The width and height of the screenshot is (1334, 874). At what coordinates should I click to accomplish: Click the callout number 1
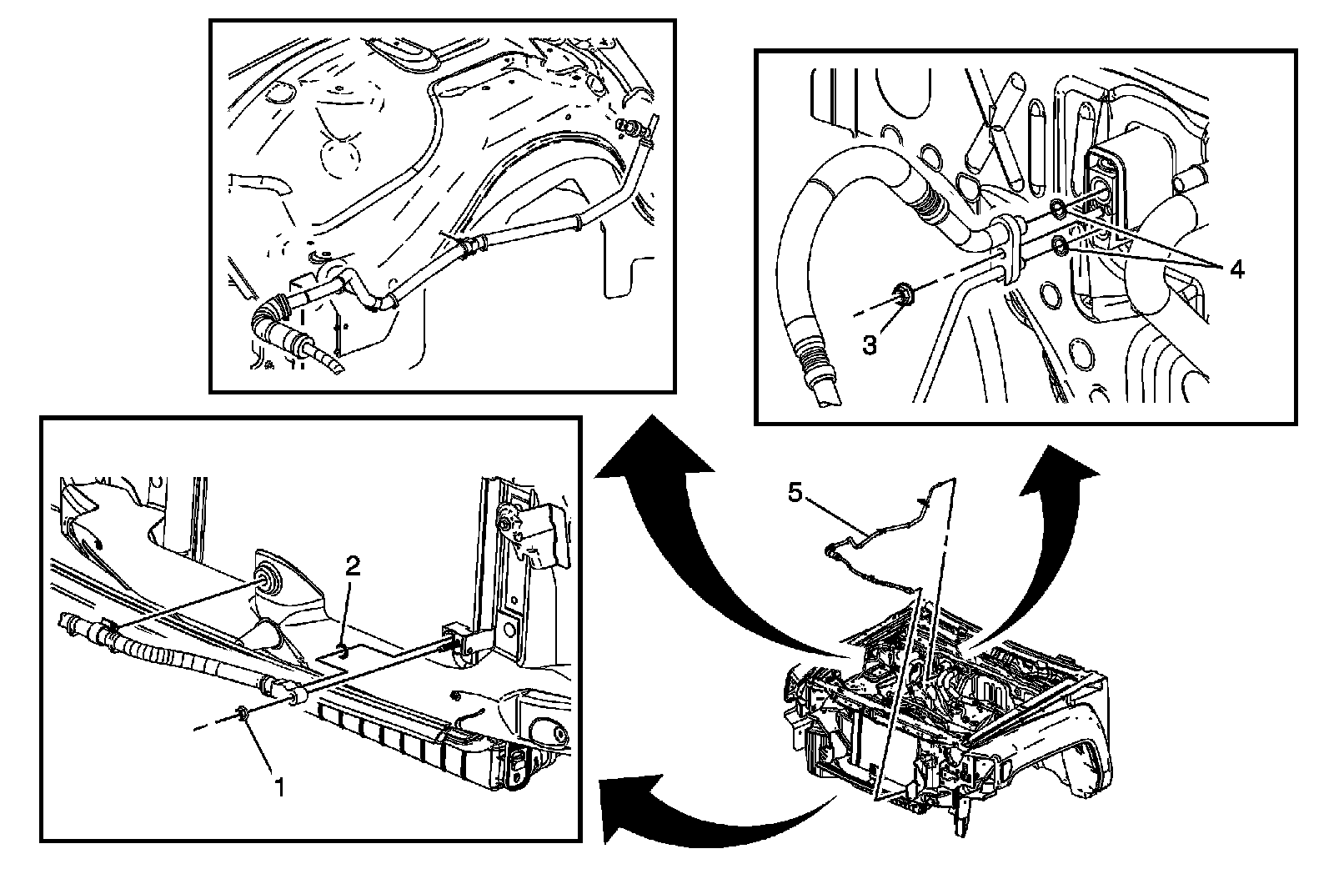[280, 786]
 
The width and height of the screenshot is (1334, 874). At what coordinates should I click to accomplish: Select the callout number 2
[353, 566]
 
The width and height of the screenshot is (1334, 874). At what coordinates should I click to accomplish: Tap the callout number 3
[870, 344]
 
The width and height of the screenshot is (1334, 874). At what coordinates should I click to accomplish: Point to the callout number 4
[1237, 269]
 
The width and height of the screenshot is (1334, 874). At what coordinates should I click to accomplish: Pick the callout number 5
[795, 493]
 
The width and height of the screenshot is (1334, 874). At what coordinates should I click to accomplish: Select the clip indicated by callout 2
[341, 650]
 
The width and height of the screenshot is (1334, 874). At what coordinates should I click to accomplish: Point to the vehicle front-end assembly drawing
[942, 717]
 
